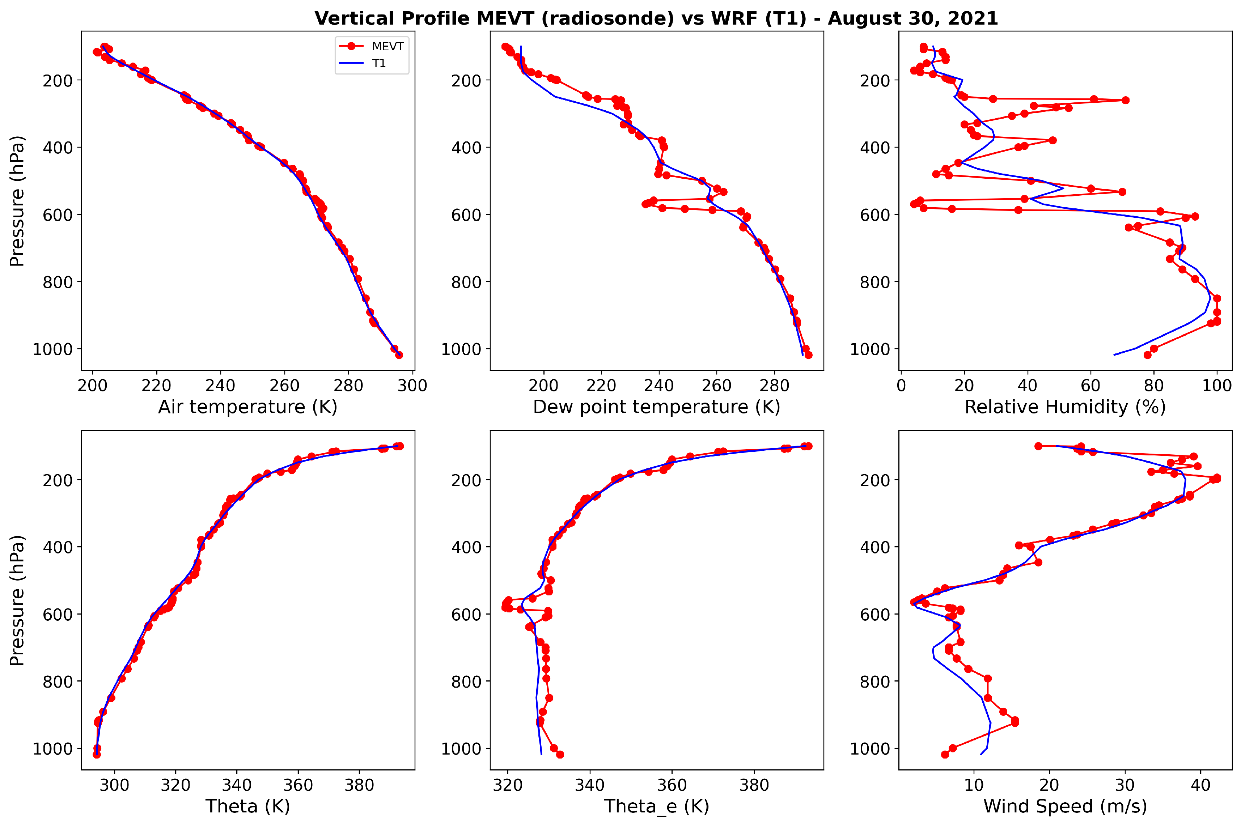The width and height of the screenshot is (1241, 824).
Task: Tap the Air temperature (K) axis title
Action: coord(247,407)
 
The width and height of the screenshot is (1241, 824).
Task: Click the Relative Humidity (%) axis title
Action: coord(1065,407)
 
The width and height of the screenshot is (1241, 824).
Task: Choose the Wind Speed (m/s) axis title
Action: coord(1065,806)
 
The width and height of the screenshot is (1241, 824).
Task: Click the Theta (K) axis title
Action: coord(247,806)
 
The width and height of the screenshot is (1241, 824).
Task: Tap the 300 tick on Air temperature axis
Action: coord(412,385)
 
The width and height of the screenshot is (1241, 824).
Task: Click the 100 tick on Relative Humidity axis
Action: coord(1216,385)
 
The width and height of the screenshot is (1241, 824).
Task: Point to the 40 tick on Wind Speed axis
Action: coord(1200,785)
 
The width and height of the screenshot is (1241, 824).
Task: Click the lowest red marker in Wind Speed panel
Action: coord(945,755)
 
